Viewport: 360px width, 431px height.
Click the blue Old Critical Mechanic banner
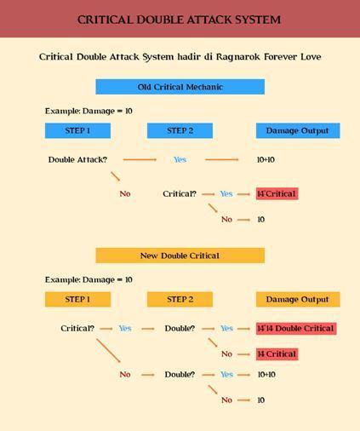[x=180, y=87]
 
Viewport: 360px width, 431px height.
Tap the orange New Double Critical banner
[x=180, y=256]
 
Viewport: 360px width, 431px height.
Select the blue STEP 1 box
[x=77, y=130]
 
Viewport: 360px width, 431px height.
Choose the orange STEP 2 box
[x=180, y=299]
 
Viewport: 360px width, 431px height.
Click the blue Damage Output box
[x=298, y=130]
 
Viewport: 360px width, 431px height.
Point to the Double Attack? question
[x=77, y=159]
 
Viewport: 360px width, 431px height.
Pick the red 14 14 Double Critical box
[x=296, y=329]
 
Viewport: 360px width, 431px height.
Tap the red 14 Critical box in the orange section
[x=277, y=354]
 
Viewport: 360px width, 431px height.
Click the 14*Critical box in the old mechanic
[x=277, y=193]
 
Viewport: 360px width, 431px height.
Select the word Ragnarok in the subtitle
[x=238, y=57]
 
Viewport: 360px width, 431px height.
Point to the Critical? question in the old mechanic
[x=180, y=194]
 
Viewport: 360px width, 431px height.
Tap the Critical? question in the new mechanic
[x=77, y=329]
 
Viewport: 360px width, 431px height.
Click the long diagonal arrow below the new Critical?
[x=108, y=351]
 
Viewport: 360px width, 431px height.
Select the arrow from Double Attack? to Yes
[x=140, y=159]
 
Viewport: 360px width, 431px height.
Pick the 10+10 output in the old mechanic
[x=266, y=159]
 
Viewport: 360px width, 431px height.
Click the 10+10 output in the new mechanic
[x=266, y=375]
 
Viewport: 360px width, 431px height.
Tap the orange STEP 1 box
[x=77, y=299]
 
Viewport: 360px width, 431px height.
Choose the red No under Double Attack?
[x=125, y=194]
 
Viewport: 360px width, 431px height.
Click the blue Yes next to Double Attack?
[x=180, y=159]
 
